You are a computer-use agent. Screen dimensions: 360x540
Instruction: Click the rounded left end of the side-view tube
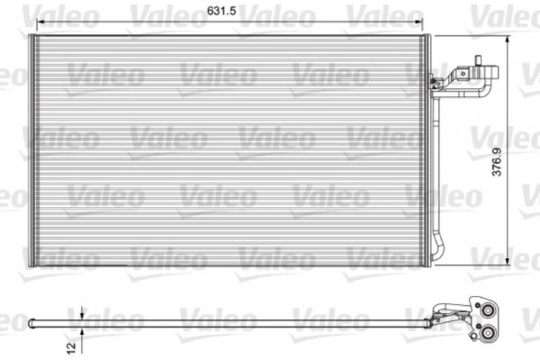(x=31, y=322)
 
